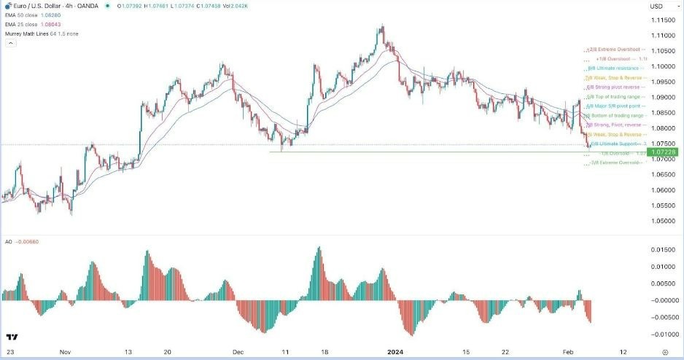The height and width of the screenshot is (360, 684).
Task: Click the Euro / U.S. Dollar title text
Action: click(x=37, y=6)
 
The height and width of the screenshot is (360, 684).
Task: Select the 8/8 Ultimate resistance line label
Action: click(x=617, y=68)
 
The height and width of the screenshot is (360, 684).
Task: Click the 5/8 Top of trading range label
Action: click(x=617, y=96)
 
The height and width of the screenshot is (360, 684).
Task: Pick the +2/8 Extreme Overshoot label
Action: click(x=617, y=50)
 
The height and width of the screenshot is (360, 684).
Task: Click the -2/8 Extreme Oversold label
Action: click(x=617, y=163)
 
